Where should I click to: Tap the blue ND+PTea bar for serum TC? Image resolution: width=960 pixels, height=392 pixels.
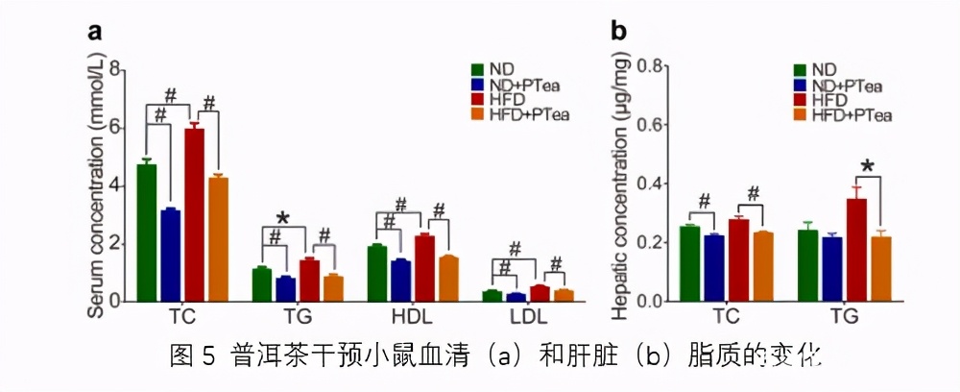click(170, 255)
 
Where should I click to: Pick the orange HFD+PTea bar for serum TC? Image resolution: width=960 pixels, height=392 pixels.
click(219, 238)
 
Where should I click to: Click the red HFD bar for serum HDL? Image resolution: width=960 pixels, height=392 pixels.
click(425, 268)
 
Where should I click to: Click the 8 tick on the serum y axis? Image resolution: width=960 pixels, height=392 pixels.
click(115, 69)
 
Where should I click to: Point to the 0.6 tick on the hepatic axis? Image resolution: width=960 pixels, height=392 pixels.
click(653, 125)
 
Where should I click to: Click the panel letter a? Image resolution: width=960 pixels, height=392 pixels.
click(95, 33)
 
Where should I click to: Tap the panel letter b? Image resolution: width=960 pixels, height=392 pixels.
click(619, 33)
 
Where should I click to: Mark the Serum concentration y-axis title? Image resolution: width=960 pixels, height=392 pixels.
click(96, 183)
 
